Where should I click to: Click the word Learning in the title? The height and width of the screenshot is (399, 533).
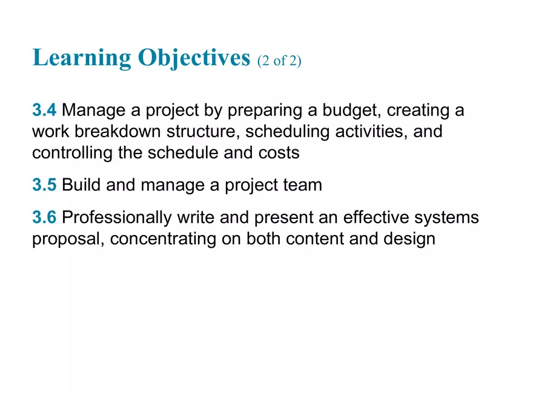coord(82,59)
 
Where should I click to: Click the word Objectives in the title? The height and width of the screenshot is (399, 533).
coord(194,59)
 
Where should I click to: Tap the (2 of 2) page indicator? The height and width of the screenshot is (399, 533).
coord(279,61)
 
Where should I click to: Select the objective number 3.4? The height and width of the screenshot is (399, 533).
coord(44,111)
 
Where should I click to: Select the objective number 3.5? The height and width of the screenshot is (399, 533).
coord(44,185)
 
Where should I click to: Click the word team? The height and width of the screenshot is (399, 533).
coord(302,185)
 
